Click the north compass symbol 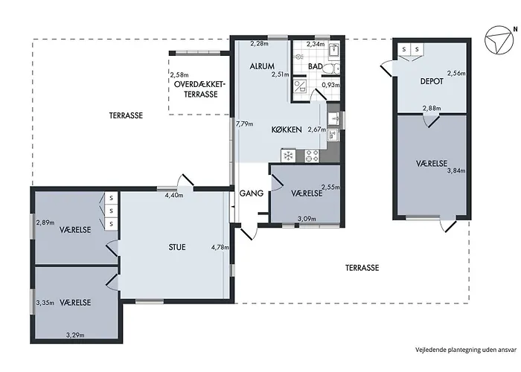pyautogui.click(x=497, y=41)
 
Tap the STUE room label pyautogui.click(x=177, y=247)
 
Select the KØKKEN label pyautogui.click(x=287, y=129)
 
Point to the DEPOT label pyautogui.click(x=432, y=81)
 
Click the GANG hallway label pyautogui.click(x=252, y=193)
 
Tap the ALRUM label pyautogui.click(x=262, y=66)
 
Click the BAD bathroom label pyautogui.click(x=315, y=66)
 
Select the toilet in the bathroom pyautogui.click(x=332, y=68)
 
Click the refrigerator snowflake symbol pyautogui.click(x=289, y=155)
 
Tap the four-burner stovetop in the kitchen pyautogui.click(x=313, y=155)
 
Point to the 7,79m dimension pyautogui.click(x=244, y=124)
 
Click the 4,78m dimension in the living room pyautogui.click(x=220, y=247)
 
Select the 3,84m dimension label pyautogui.click(x=456, y=170)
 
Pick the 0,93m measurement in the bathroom pyautogui.click(x=330, y=85)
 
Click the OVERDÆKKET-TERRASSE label pyautogui.click(x=199, y=89)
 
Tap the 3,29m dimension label pyautogui.click(x=75, y=335)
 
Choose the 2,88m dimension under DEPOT pyautogui.click(x=432, y=109)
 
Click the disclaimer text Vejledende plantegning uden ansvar pyautogui.click(x=466, y=350)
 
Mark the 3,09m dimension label pyautogui.click(x=307, y=219)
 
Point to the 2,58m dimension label pyautogui.click(x=179, y=75)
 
